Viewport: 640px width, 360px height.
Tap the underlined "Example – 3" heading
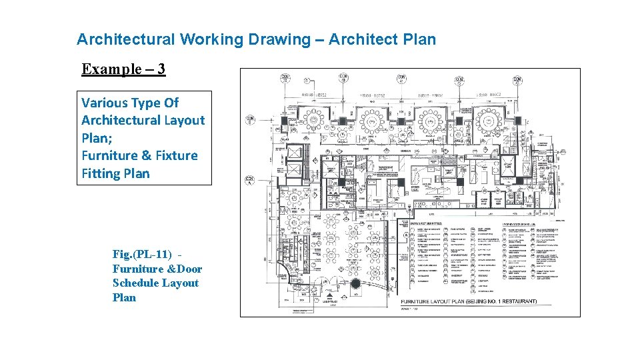point(123,69)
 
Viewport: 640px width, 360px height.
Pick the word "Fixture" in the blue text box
point(177,155)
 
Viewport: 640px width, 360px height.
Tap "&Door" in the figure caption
point(183,269)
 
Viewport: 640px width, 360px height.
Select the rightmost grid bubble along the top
point(517,80)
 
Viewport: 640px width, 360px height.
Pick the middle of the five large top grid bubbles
point(402,80)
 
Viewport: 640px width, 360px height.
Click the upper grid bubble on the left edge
point(250,120)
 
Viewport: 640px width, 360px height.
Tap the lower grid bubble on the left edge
point(250,179)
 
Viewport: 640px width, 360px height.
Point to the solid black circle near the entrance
point(355,283)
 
